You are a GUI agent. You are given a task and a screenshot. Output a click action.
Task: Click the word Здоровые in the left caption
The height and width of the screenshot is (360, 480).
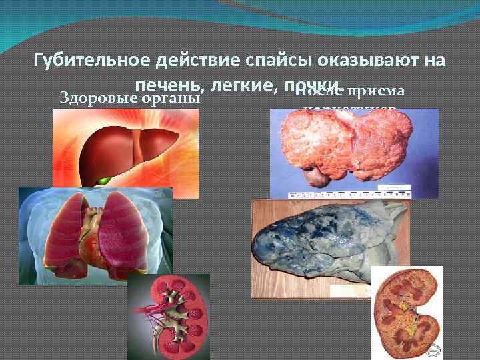pos(99,97)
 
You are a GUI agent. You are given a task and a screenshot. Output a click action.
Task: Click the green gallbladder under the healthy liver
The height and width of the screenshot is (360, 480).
pos(103,180)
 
